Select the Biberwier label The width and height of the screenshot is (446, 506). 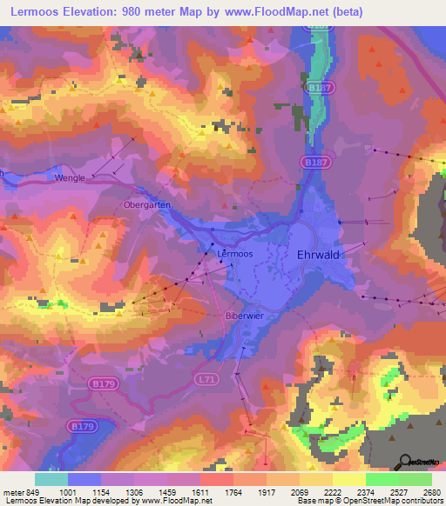(243, 316)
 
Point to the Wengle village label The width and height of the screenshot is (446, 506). (70, 178)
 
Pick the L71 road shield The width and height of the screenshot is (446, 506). (206, 380)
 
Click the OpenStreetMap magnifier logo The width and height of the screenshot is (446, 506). (406, 462)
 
